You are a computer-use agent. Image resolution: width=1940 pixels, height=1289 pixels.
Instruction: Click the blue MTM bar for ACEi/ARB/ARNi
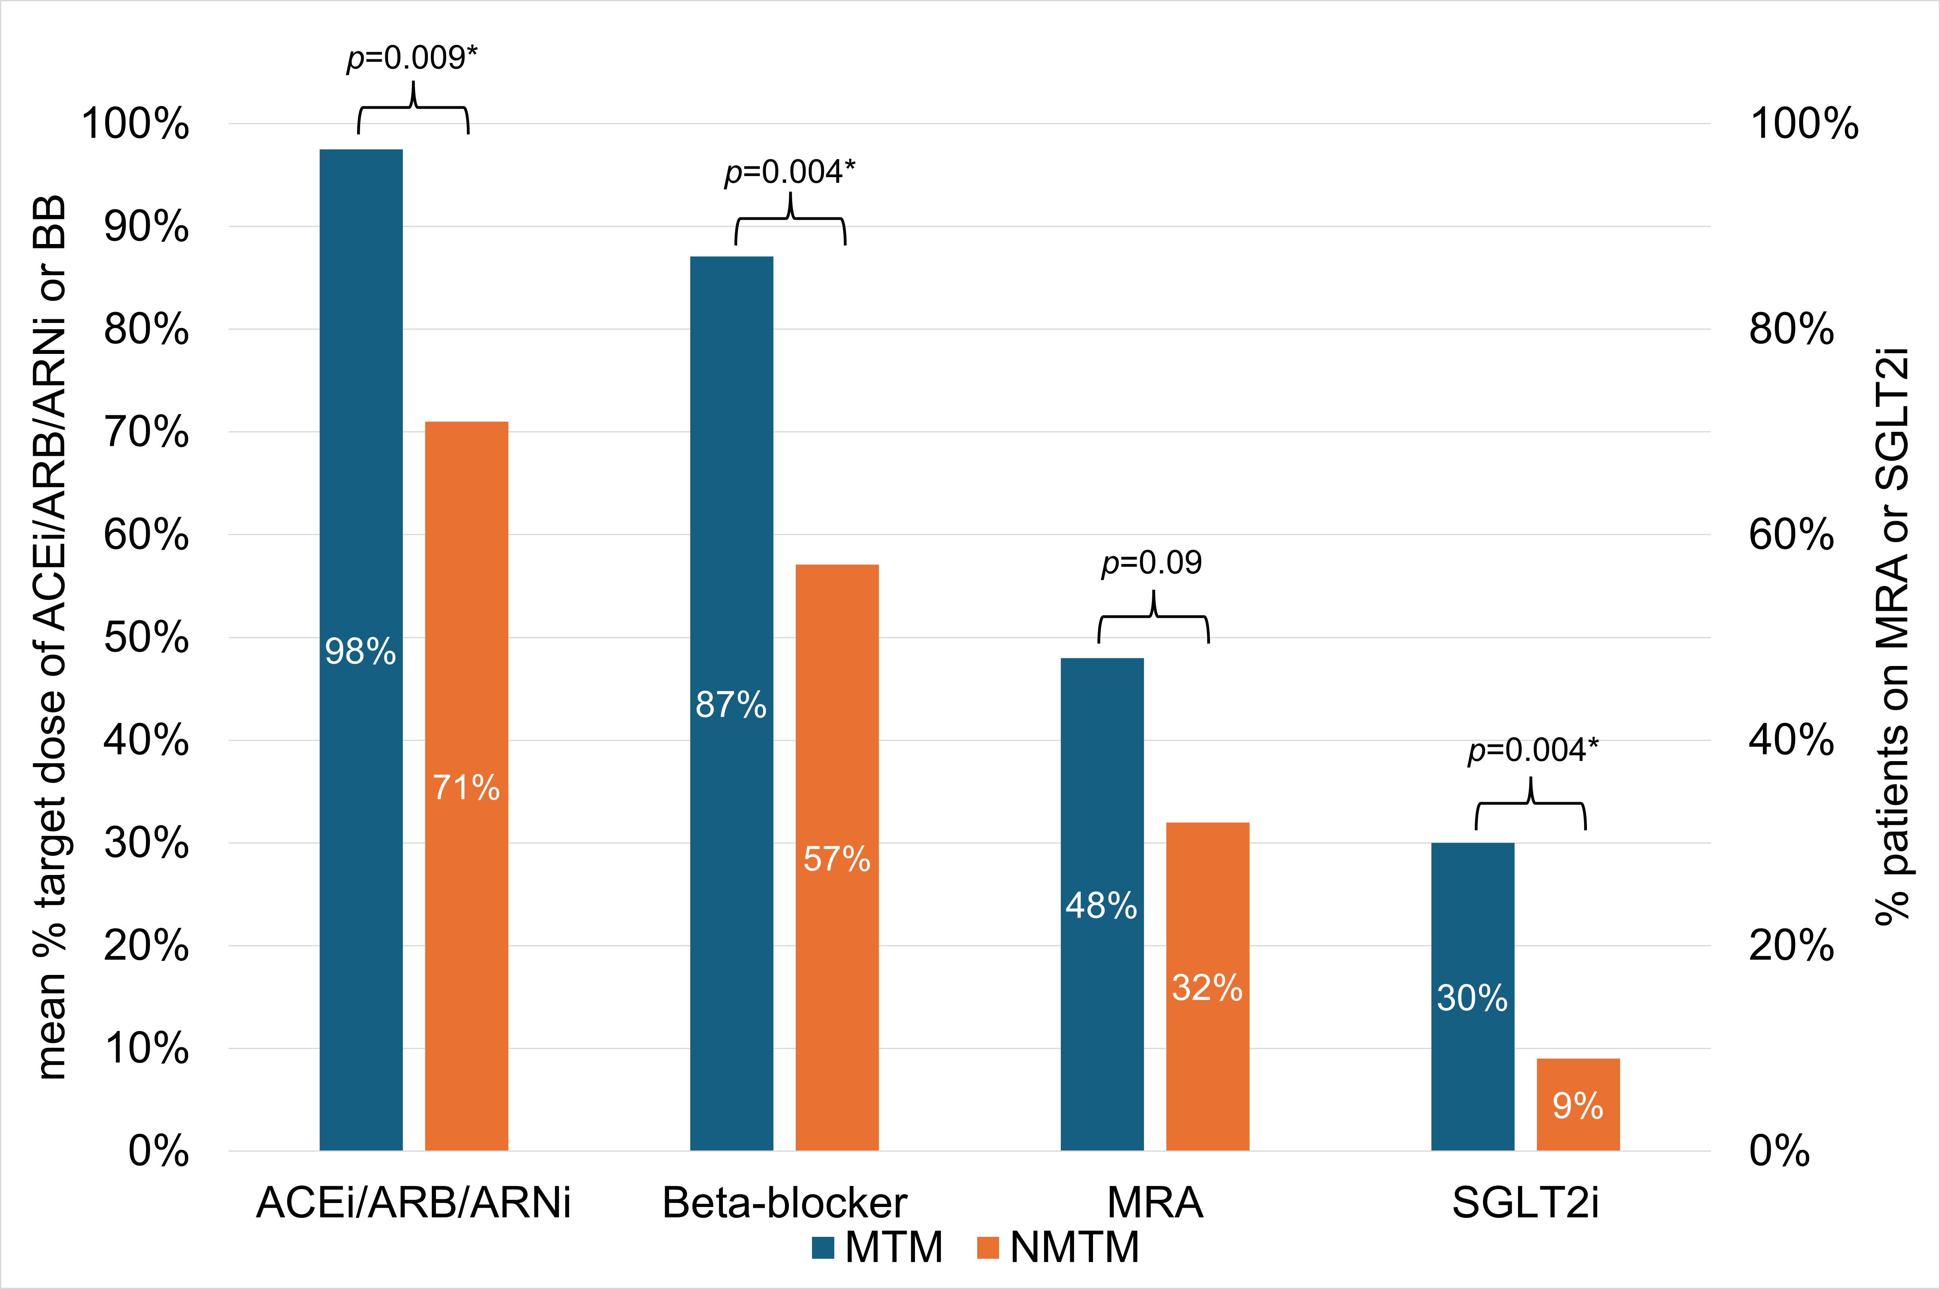[x=361, y=493]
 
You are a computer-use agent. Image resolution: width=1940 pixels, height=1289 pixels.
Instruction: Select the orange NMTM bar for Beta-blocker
[x=837, y=740]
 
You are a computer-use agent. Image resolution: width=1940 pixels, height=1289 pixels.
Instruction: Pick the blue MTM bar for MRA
[x=1101, y=822]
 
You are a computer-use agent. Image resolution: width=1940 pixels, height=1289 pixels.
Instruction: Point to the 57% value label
[x=837, y=859]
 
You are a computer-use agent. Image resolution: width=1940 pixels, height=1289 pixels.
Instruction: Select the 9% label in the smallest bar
[x=1577, y=1105]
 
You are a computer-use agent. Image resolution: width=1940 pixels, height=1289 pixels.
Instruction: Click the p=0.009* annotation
[x=412, y=58]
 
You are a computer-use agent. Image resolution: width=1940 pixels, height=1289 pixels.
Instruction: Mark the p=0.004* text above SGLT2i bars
[x=1533, y=750]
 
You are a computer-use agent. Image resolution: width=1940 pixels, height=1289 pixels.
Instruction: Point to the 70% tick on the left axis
[x=146, y=432]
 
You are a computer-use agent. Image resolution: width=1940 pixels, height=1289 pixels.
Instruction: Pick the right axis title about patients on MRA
[x=1891, y=637]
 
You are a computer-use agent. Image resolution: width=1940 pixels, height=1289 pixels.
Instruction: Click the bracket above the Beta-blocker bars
[x=790, y=220]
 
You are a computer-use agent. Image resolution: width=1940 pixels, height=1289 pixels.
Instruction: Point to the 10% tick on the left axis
[x=146, y=1048]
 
